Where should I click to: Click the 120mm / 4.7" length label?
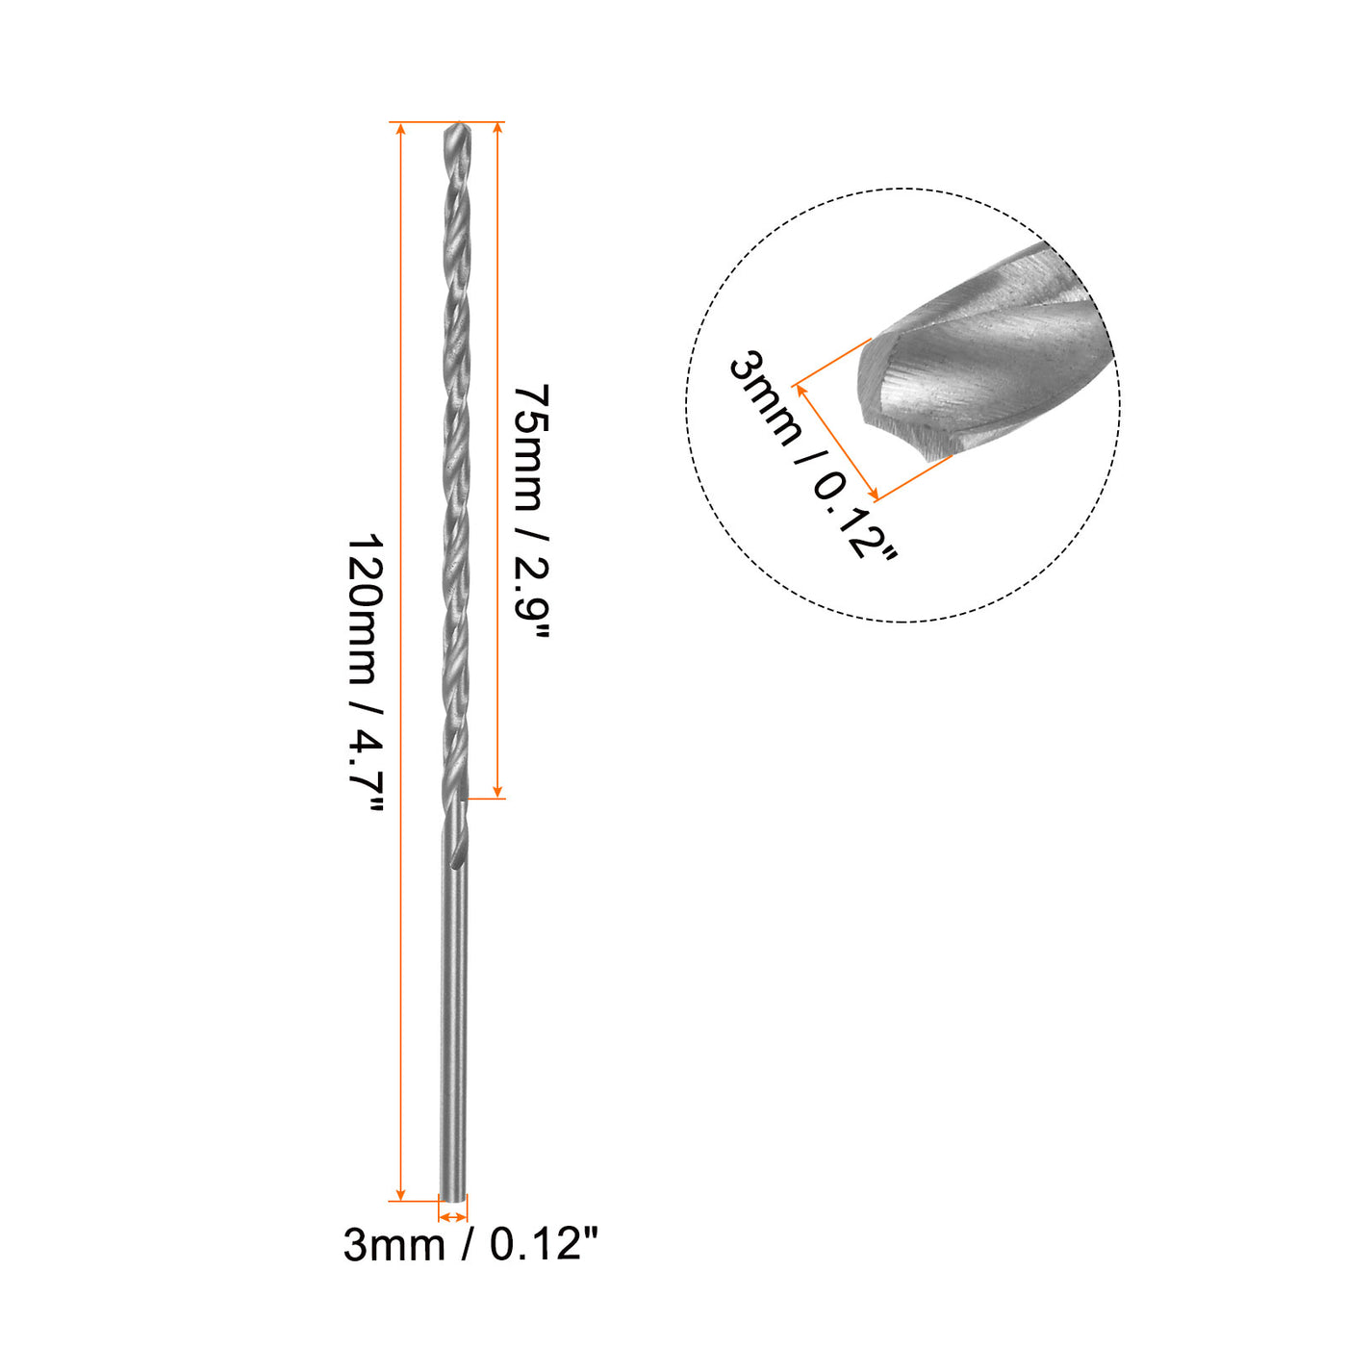[366, 673]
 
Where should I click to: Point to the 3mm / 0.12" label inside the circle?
[811, 457]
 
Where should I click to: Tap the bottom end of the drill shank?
[452, 1200]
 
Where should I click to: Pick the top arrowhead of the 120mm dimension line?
[400, 128]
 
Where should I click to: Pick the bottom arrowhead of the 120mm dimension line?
[400, 1195]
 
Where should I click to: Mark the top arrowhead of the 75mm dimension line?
[497, 128]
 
